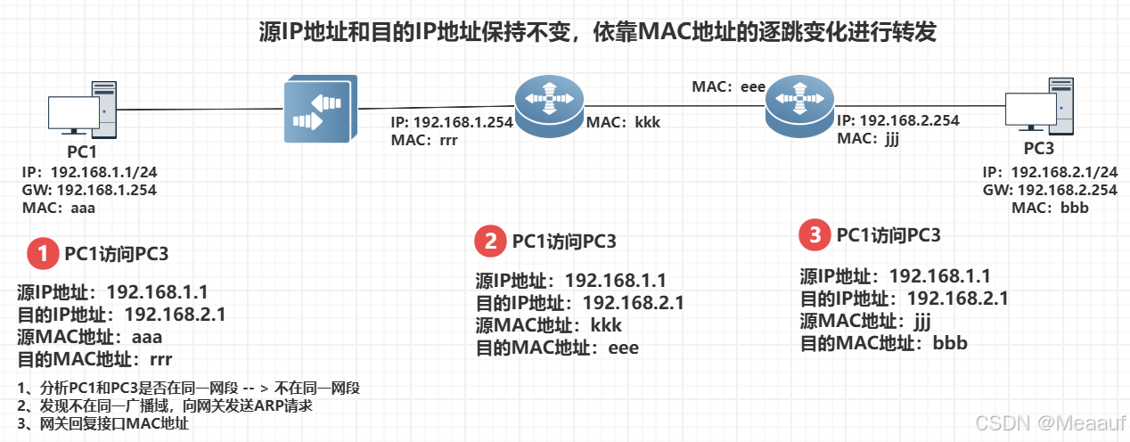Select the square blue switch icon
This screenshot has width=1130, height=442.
pyautogui.click(x=318, y=110)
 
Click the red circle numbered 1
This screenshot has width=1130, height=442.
pyautogui.click(x=41, y=254)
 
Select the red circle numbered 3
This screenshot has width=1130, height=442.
pyautogui.click(x=814, y=235)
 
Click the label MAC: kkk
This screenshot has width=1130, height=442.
pyautogui.click(x=623, y=122)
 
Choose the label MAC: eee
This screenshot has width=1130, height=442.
pyautogui.click(x=729, y=86)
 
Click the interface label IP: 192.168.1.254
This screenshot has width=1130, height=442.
pyautogui.click(x=451, y=123)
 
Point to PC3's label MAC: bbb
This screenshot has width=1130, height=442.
pyautogui.click(x=1050, y=208)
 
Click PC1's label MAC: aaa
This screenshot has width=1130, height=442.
pyautogui.click(x=59, y=208)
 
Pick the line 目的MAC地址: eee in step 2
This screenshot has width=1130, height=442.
pyautogui.click(x=557, y=348)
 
